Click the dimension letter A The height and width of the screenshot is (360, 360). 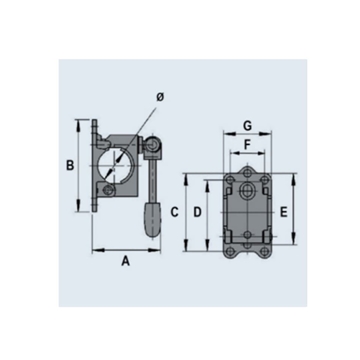(x=125, y=261)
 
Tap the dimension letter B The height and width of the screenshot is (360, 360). (x=70, y=165)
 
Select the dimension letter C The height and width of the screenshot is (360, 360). (x=175, y=212)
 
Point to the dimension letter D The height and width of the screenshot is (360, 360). (x=198, y=212)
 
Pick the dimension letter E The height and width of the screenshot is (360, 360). (x=284, y=212)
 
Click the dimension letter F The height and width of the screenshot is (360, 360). (x=247, y=145)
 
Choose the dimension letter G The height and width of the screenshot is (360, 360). (x=247, y=126)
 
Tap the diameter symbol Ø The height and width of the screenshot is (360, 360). (x=160, y=98)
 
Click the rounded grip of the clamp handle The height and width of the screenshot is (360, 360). (x=151, y=221)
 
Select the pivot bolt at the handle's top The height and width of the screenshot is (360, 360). (x=153, y=145)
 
